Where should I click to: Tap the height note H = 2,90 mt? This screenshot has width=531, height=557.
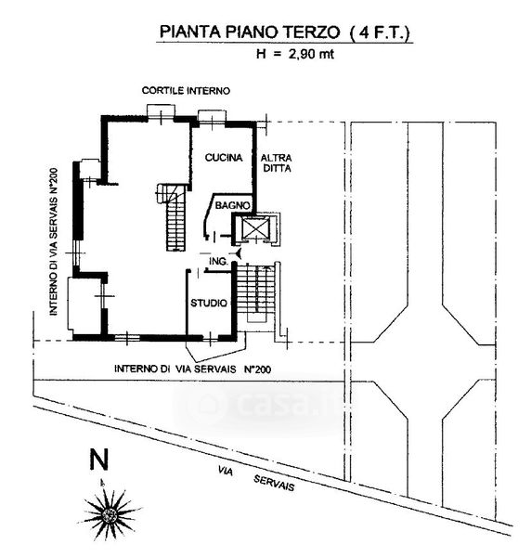295,54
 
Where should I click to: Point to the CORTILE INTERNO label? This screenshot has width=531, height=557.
186,91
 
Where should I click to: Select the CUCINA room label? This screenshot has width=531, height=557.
224,158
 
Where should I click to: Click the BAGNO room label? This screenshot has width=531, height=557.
233,205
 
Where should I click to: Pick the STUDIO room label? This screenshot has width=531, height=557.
209,303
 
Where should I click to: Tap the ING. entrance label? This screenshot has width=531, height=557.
218,262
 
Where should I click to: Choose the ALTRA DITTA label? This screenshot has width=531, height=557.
277,162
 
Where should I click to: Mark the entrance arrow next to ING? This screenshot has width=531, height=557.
238,253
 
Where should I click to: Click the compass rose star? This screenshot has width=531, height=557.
110,513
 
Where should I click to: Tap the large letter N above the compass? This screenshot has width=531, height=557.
98,460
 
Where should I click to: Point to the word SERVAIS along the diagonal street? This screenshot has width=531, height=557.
274,483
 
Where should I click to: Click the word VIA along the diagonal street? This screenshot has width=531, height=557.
226,471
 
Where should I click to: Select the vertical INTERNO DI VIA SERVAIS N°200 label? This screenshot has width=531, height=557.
53,241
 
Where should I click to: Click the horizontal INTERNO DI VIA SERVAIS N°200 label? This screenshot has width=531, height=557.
192,369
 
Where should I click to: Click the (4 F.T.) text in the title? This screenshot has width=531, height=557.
380,32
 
